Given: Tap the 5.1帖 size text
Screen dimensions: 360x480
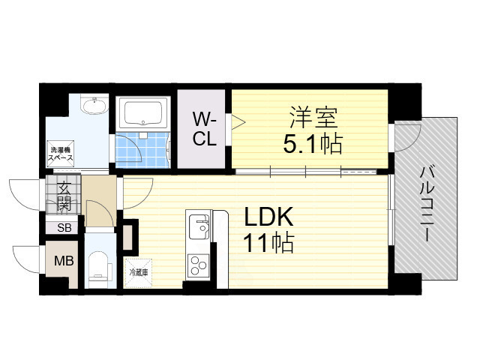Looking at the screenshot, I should [312, 142].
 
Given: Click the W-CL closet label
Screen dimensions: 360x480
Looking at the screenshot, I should [204, 129].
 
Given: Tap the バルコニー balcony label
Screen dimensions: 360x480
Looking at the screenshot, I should [425, 202].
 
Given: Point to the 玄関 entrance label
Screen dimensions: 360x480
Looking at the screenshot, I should [64, 196].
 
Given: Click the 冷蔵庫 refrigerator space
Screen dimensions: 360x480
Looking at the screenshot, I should [138, 272].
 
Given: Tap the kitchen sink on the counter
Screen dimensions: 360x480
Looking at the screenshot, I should [199, 226].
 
